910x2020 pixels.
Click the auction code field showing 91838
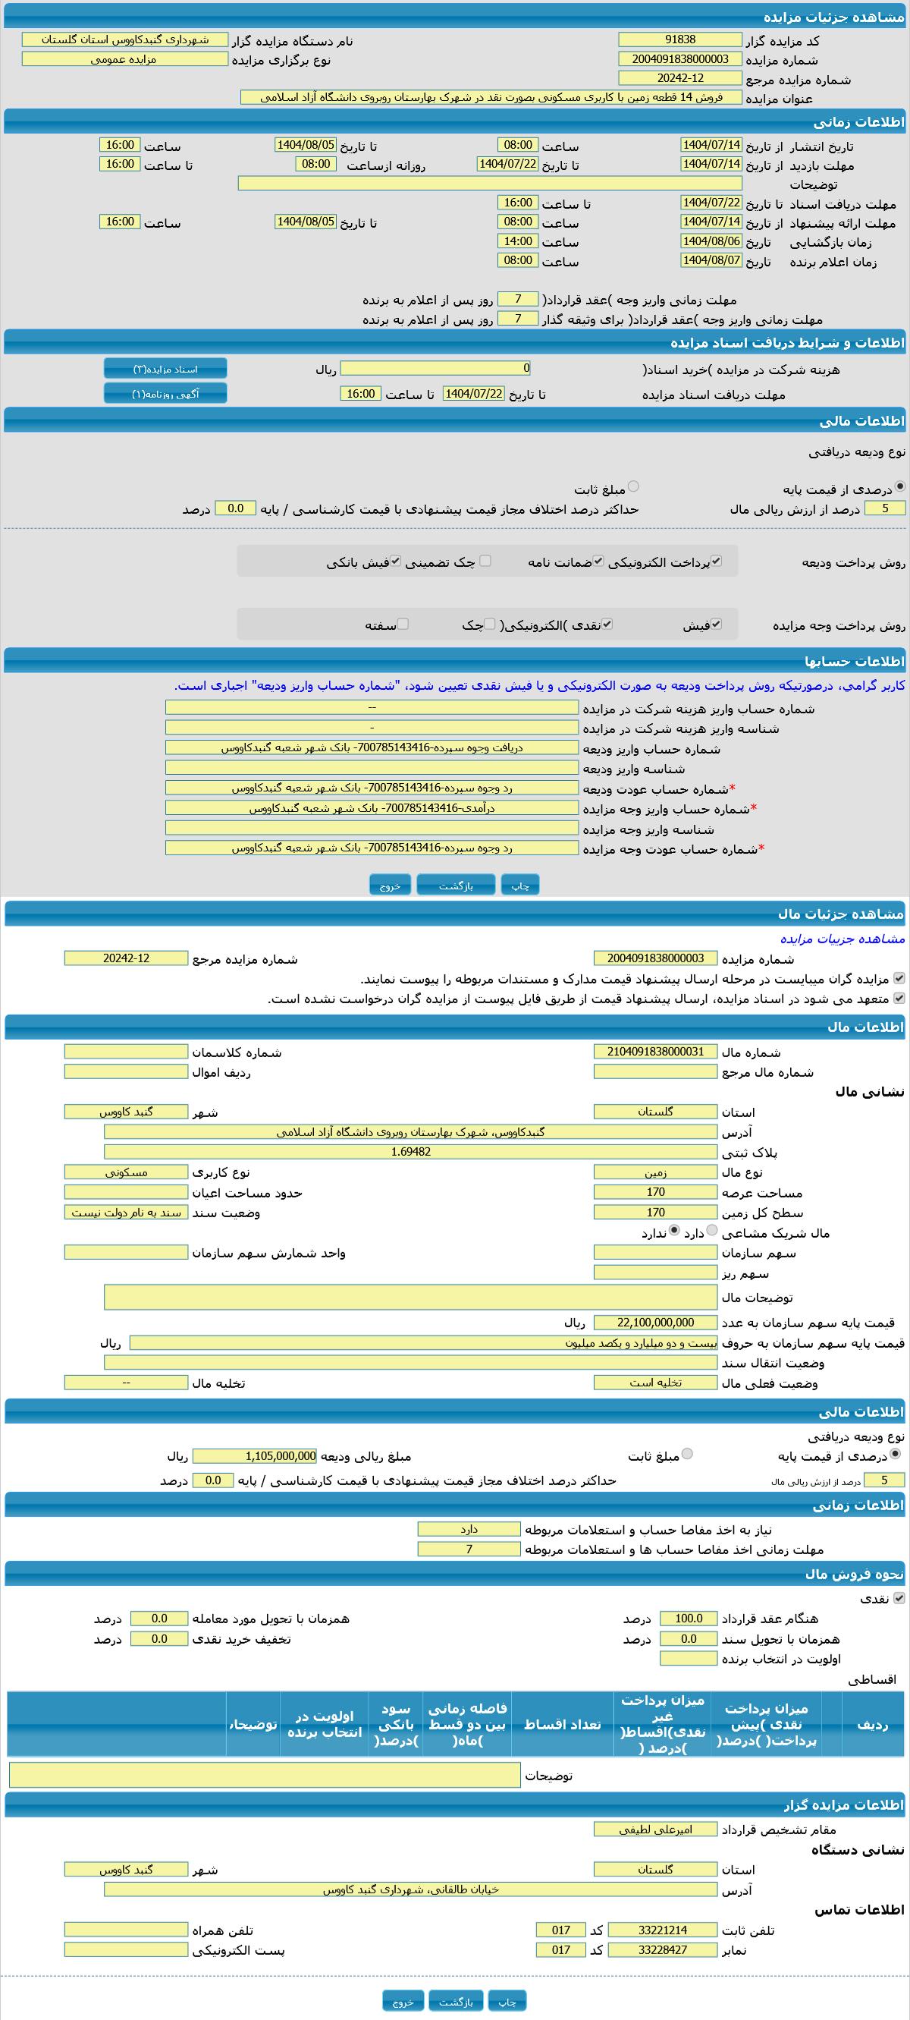click(x=679, y=40)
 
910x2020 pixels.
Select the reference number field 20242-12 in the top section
click(x=679, y=78)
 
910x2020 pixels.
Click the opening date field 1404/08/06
click(x=711, y=241)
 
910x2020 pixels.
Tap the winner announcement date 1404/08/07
click(x=711, y=260)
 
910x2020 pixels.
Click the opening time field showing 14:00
click(x=518, y=241)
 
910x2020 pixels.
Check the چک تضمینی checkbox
click(x=485, y=561)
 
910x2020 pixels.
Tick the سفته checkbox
click(x=403, y=625)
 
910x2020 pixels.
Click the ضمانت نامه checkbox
click(x=598, y=561)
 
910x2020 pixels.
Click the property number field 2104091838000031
click(x=655, y=1052)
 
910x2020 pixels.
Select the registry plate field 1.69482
click(x=410, y=1152)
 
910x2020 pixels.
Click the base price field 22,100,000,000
click(x=655, y=1323)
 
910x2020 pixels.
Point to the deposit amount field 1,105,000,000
click(x=255, y=1456)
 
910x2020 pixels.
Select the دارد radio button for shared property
click(x=712, y=1231)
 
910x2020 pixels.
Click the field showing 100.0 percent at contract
click(x=688, y=1619)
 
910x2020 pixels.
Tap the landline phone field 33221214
click(x=662, y=1930)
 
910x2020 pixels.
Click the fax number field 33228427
click(x=662, y=1949)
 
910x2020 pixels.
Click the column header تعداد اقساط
click(x=561, y=1724)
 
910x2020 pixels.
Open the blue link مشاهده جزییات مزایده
click(x=842, y=939)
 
